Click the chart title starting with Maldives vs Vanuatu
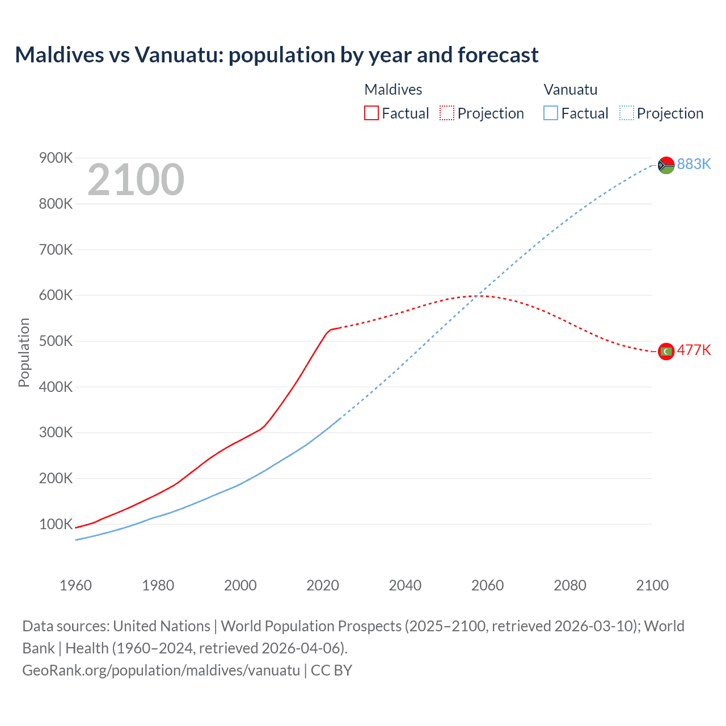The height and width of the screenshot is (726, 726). tap(277, 55)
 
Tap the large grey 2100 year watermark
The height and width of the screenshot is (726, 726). tap(136, 180)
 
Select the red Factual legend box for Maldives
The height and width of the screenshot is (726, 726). tap(372, 113)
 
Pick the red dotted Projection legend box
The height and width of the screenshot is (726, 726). tap(447, 113)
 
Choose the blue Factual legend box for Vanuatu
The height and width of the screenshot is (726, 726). tap(551, 113)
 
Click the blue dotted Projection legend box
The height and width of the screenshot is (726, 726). tap(626, 113)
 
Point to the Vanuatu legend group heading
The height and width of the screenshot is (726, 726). tap(570, 90)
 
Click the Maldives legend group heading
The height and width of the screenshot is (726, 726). tap(393, 90)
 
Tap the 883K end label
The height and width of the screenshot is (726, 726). tap(694, 164)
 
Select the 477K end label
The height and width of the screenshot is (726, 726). tap(694, 350)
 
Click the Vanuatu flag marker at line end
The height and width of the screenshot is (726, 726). tap(666, 165)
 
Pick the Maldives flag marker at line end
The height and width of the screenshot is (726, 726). tap(666, 352)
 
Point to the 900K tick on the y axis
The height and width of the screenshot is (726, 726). tap(56, 158)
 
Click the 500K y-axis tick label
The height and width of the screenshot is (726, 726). tap(56, 341)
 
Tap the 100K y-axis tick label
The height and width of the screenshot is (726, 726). tap(56, 524)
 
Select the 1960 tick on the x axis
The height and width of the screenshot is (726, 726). tap(75, 585)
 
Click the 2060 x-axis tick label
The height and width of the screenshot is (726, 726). tap(487, 585)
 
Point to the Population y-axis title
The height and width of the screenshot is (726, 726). tap(24, 352)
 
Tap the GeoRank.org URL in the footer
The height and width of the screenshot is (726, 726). tap(161, 670)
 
